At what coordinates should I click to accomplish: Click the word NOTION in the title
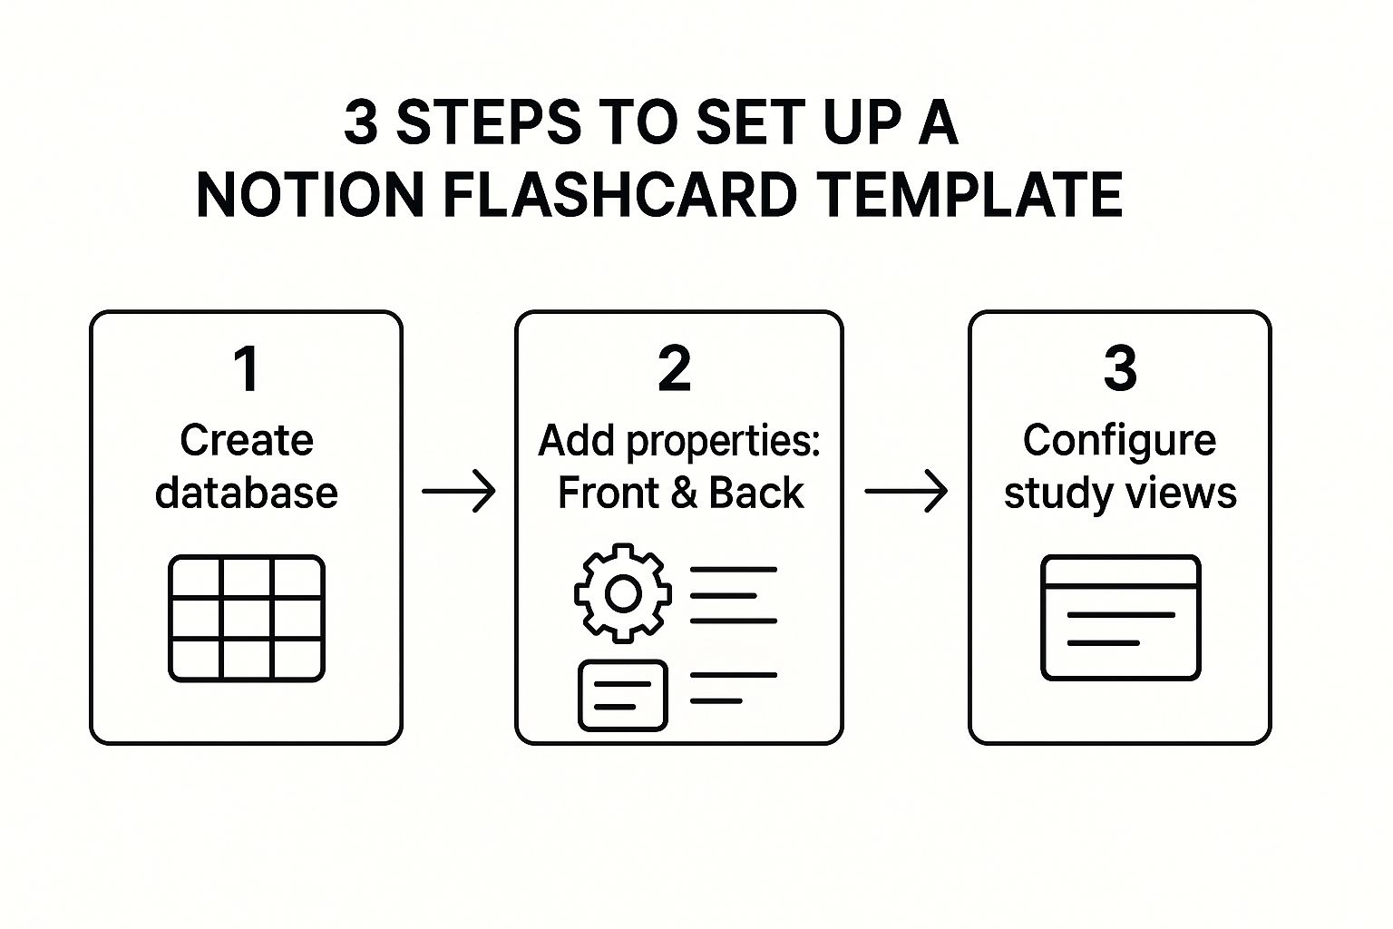click(x=310, y=194)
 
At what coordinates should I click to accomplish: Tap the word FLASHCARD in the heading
click(x=619, y=194)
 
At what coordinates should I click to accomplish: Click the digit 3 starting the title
click(x=361, y=122)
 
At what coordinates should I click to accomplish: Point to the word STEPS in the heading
click(x=488, y=122)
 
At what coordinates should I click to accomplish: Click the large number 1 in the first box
click(x=247, y=369)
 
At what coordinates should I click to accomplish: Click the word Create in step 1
click(x=247, y=441)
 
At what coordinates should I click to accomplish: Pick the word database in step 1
click(x=247, y=493)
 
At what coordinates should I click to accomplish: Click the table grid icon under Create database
click(x=247, y=619)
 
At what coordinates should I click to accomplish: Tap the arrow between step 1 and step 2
click(x=459, y=492)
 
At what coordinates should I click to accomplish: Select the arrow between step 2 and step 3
click(x=906, y=492)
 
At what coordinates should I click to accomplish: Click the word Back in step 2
click(x=755, y=493)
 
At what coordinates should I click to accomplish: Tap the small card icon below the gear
click(x=622, y=695)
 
